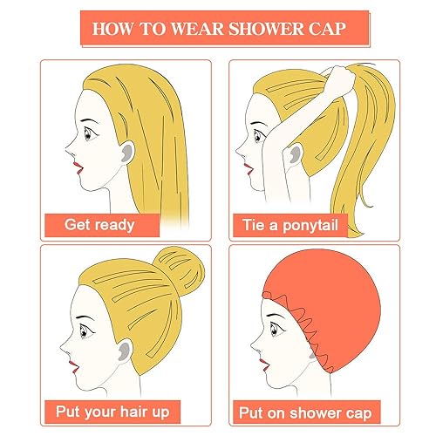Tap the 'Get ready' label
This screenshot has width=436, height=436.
click(99, 225)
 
